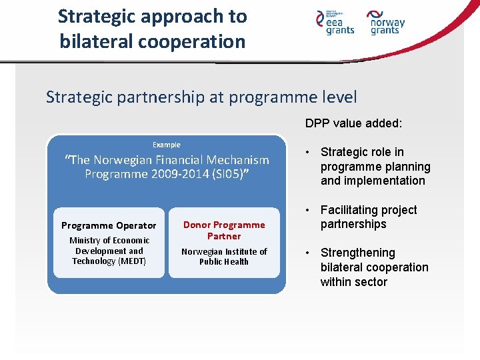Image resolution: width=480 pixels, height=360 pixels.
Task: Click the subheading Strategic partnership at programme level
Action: pyautogui.click(x=201, y=97)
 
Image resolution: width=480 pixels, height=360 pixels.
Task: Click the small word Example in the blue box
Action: pyautogui.click(x=167, y=145)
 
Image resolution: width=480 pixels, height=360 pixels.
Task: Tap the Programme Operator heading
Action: pyautogui.click(x=109, y=225)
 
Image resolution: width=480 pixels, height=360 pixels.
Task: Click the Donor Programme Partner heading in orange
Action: pyautogui.click(x=224, y=230)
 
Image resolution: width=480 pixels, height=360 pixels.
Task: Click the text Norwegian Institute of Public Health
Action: pyautogui.click(x=224, y=256)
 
